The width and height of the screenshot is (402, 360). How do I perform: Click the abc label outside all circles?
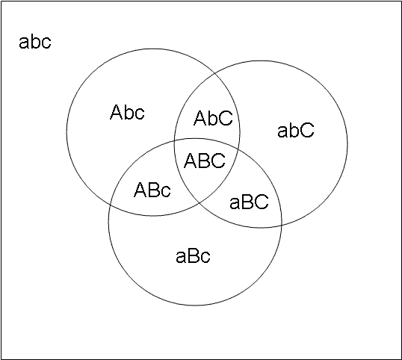pyautogui.click(x=35, y=42)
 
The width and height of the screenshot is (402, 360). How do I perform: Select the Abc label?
pyautogui.click(x=127, y=112)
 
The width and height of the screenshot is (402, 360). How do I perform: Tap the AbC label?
pyautogui.click(x=213, y=118)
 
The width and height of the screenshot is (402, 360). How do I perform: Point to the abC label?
pyautogui.click(x=296, y=130)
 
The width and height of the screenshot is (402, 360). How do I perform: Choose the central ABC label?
pyautogui.click(x=205, y=161)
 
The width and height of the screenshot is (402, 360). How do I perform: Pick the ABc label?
pyautogui.click(x=152, y=190)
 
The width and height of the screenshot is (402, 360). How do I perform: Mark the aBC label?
pyautogui.click(x=249, y=202)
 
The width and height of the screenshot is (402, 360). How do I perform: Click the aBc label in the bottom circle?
pyautogui.click(x=193, y=255)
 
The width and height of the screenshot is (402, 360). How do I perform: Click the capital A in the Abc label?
pyautogui.click(x=116, y=112)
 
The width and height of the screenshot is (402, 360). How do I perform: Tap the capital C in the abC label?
pyautogui.click(x=306, y=130)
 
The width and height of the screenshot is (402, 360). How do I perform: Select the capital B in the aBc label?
pyautogui.click(x=193, y=255)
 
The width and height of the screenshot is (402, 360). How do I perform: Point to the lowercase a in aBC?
pyautogui.click(x=234, y=203)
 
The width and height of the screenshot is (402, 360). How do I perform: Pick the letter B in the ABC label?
pyautogui.click(x=203, y=161)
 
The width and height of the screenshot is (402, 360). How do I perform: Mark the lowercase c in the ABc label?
pyautogui.click(x=166, y=191)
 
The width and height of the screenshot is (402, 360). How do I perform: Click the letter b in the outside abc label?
pyautogui.click(x=34, y=42)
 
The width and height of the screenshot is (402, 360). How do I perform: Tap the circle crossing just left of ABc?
pyautogui.click(x=111, y=203)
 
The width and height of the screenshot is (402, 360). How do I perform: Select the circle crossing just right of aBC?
pyautogui.click(x=282, y=225)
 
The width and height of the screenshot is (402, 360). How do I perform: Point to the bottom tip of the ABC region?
pyautogui.click(x=200, y=202)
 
